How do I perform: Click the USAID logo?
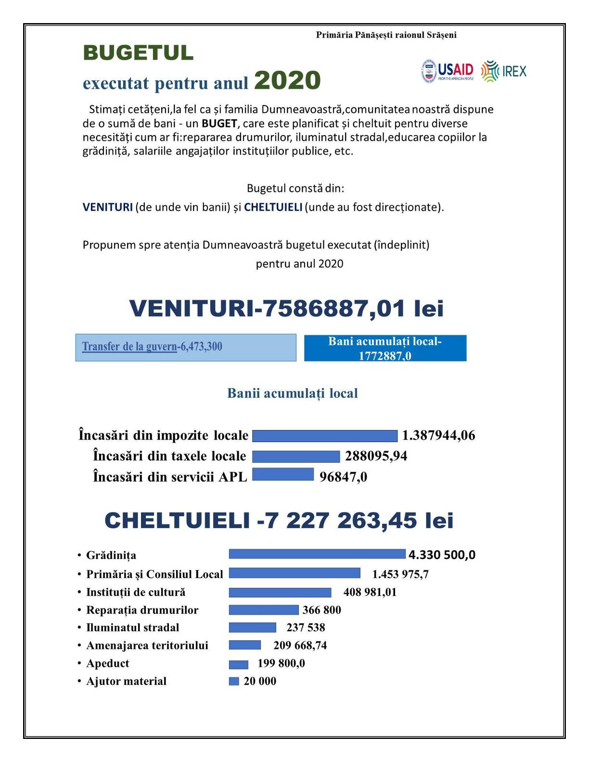[448, 72]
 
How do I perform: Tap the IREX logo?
[504, 72]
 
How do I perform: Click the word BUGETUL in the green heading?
[138, 53]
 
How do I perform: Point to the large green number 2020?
[287, 80]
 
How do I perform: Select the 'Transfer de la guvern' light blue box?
[186, 347]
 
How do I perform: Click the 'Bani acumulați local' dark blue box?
[385, 348]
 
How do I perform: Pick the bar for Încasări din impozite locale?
[325, 436]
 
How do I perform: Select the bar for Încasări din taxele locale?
[296, 456]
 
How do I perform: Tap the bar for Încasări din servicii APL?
[283, 474]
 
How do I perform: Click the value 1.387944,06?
[438, 436]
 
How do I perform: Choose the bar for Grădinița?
[317, 554]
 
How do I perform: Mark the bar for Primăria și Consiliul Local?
[294, 573]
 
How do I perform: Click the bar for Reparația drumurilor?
[264, 610]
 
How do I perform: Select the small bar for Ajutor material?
[234, 681]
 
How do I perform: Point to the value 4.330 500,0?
[442, 555]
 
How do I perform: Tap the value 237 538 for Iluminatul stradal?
[306, 628]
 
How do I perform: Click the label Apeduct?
[108, 663]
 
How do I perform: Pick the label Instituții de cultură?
[136, 592]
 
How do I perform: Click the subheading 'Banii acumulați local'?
[293, 394]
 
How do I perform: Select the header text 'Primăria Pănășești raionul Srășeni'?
[386, 35]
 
